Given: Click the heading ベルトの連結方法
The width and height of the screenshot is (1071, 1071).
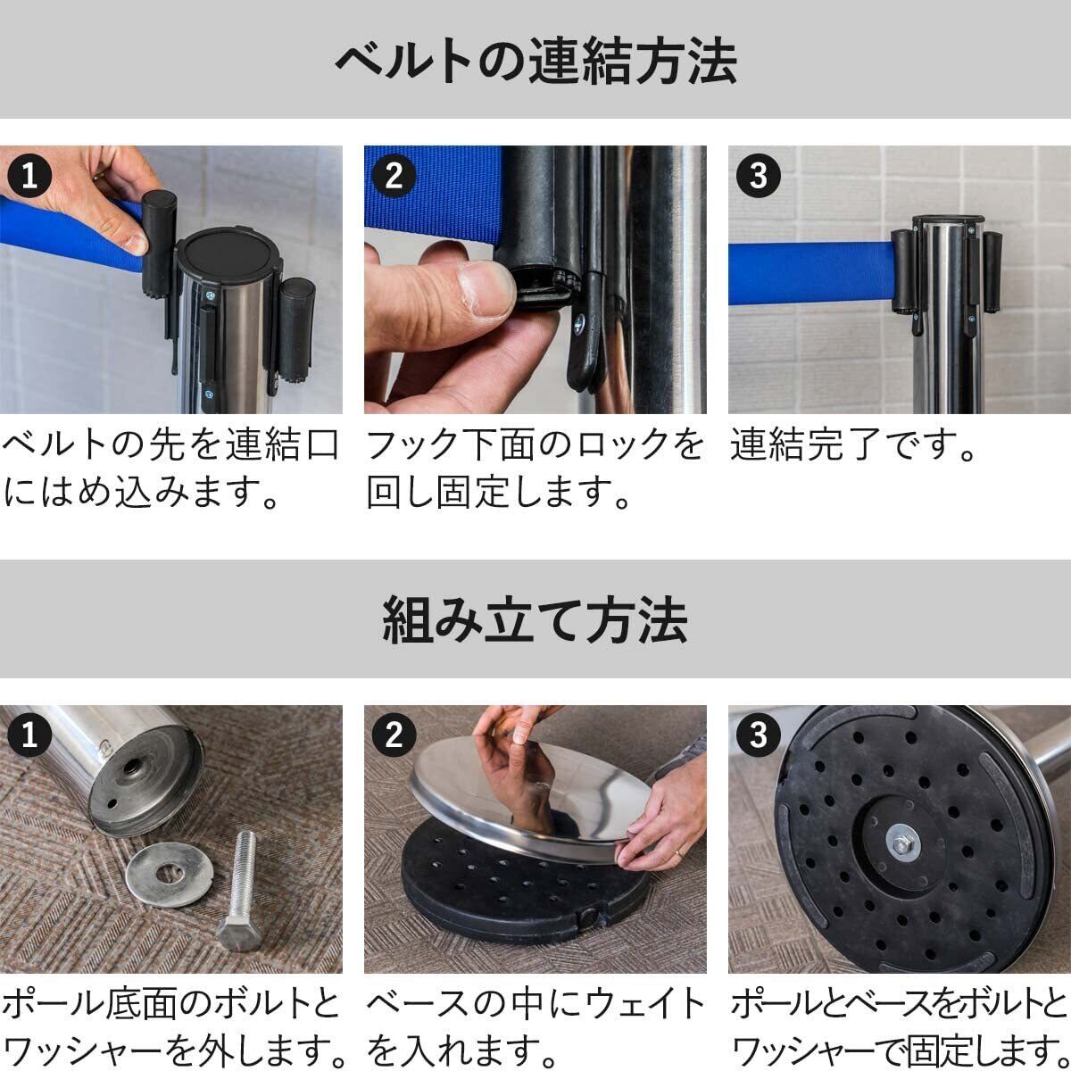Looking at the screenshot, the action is [535, 61].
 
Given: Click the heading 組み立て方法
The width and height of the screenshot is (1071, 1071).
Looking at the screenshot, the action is [535, 619].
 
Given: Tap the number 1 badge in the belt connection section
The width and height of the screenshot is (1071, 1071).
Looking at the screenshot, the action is [29, 176].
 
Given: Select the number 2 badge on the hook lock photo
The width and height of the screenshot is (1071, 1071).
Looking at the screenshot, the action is [394, 176].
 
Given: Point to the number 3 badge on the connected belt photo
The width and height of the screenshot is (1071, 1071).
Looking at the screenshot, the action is [758, 176].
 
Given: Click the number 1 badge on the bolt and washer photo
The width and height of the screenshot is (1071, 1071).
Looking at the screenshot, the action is [29, 735].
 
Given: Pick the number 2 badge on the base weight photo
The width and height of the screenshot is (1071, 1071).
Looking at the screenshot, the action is [394, 735].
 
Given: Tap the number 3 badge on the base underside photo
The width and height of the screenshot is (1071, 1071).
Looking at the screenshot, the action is [758, 735].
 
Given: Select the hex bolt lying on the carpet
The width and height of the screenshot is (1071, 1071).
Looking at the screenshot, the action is [240, 891].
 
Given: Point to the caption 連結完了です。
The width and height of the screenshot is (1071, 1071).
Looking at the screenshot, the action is [853, 444].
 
